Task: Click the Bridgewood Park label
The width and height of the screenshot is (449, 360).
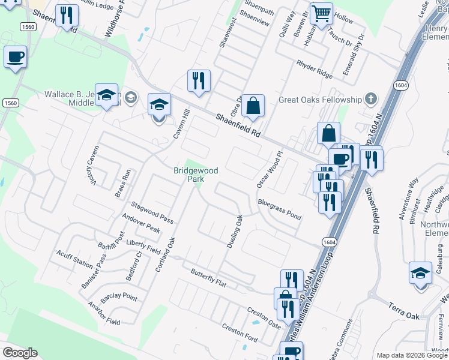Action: pos(195,175)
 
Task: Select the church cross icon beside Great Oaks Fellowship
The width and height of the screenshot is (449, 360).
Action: pos(372,99)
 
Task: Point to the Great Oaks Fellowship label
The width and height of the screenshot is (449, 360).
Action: pos(321,100)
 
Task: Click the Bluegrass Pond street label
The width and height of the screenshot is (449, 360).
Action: pos(280,209)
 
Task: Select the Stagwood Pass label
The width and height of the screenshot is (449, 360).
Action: pos(152,210)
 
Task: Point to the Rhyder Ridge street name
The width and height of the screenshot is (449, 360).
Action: pos(315,70)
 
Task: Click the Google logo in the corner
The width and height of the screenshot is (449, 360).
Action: pos(20,353)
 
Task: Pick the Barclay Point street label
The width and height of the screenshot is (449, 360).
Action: pos(119,296)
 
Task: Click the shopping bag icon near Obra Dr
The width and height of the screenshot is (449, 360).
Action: pos(254,106)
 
